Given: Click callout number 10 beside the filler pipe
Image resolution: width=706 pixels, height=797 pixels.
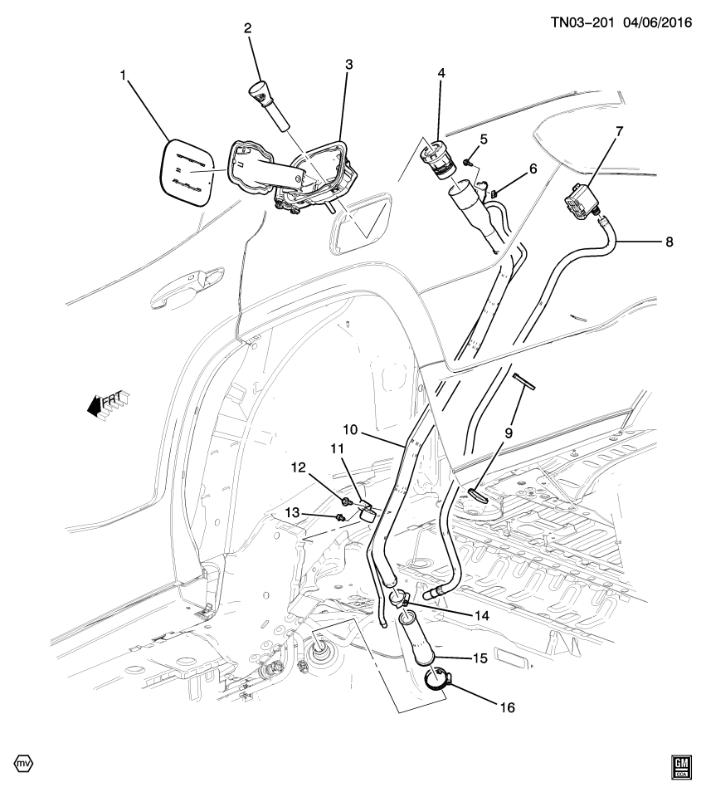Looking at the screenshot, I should point(350,430).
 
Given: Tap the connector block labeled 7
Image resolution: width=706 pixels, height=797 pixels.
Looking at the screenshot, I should point(585,198).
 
